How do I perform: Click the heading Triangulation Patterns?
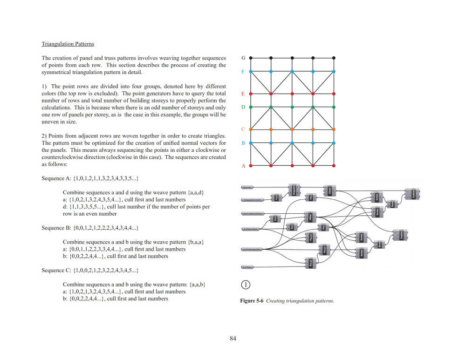click(x=68, y=44)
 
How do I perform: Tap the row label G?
click(x=243, y=58)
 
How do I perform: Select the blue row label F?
click(x=243, y=72)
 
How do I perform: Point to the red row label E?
click(x=243, y=94)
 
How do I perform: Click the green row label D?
click(x=243, y=107)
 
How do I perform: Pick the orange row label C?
click(x=243, y=129)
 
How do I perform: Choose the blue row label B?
click(x=243, y=143)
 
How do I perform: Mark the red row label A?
click(x=243, y=166)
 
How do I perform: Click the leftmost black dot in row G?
click(x=251, y=58)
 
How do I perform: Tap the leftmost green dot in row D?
click(x=251, y=107)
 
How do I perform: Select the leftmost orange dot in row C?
click(x=251, y=129)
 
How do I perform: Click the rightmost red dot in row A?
click(x=334, y=165)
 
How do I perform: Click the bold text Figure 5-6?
click(x=252, y=301)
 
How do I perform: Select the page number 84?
click(x=233, y=339)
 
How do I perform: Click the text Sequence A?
click(x=56, y=178)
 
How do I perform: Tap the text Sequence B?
click(x=56, y=228)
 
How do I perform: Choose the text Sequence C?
click(x=56, y=270)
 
